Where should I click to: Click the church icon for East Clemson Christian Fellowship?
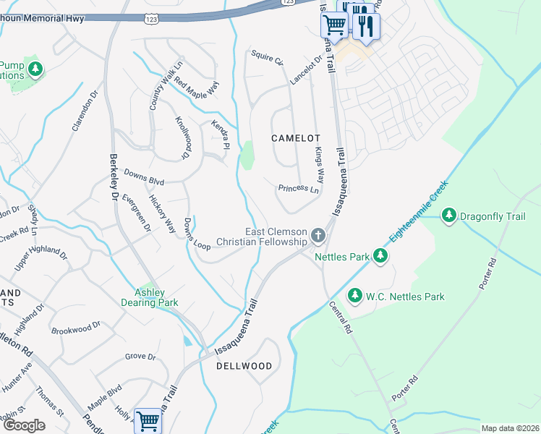point(318,235)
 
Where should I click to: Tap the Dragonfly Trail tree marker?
point(449,216)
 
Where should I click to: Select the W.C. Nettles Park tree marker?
point(354,296)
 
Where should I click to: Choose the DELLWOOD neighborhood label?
point(244,366)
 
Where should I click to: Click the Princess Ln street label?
point(299,189)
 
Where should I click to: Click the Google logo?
point(24,425)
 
